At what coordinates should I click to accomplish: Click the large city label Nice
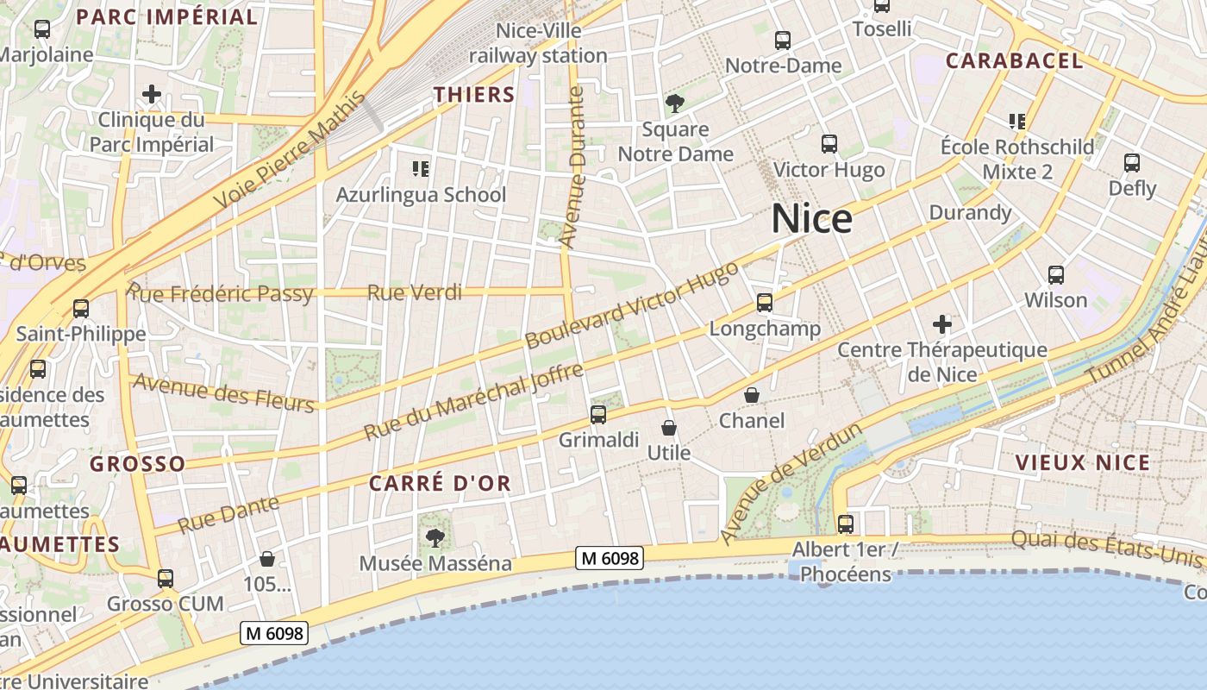[x=811, y=219]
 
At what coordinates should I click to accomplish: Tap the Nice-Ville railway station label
[x=539, y=43]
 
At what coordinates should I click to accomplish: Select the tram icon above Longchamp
[x=765, y=303]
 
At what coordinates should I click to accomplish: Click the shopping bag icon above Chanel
[x=752, y=395]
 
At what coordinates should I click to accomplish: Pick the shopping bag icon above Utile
[x=668, y=427]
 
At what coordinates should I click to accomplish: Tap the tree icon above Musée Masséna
[x=435, y=538]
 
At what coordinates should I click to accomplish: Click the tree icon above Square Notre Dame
[x=675, y=104]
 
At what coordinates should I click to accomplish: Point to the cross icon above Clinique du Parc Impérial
[x=152, y=93]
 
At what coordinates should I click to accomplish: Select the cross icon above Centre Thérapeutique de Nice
[x=942, y=324]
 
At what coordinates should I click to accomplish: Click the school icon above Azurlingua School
[x=421, y=168]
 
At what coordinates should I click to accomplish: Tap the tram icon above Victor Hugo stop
[x=829, y=144]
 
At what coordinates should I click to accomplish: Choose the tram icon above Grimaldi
[x=598, y=415]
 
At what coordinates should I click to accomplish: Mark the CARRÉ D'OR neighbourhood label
[x=440, y=484]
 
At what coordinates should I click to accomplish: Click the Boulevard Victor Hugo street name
[x=632, y=305]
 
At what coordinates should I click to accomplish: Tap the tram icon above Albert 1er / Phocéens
[x=845, y=524]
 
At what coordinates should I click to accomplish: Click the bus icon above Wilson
[x=1055, y=275]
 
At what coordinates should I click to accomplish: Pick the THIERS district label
[x=474, y=95]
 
